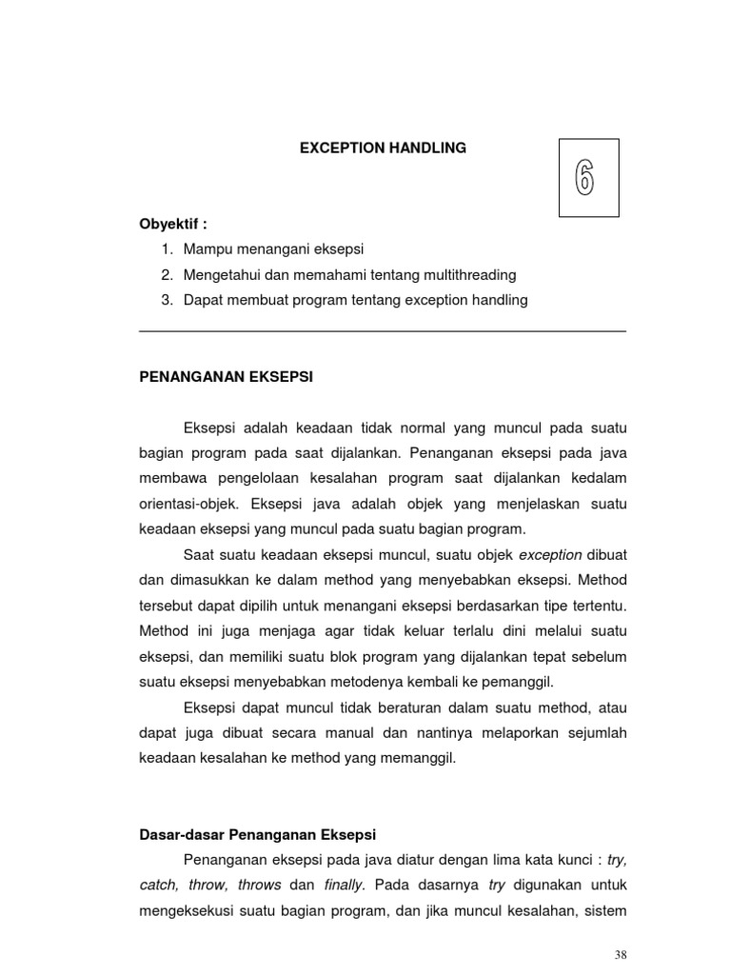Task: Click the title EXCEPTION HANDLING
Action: tap(384, 148)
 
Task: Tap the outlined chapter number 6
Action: tap(584, 178)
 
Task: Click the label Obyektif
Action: tap(173, 224)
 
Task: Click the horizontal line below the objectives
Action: tap(383, 331)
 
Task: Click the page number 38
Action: tap(622, 955)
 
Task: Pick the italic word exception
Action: tap(550, 554)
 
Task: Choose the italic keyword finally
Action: tap(344, 885)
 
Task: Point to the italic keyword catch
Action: tap(158, 885)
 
